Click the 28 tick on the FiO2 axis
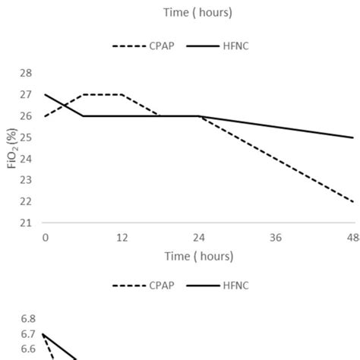coord(26,73)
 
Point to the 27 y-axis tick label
coord(26,94)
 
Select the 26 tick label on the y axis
coord(26,115)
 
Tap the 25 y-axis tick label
coord(26,137)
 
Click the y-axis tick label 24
coord(26,159)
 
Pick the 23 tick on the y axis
coord(26,180)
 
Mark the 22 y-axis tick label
coord(26,201)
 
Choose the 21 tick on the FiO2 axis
coord(26,223)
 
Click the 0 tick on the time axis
coord(46,238)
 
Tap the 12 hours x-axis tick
coord(122,238)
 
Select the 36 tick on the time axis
coord(276,238)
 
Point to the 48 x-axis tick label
coord(351,238)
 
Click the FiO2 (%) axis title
coord(12,148)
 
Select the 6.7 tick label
coord(27,334)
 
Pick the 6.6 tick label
coord(27,349)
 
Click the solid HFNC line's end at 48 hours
coord(353,137)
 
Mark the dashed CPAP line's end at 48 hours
coord(353,201)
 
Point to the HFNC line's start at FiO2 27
coord(46,95)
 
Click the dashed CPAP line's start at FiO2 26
coord(46,116)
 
